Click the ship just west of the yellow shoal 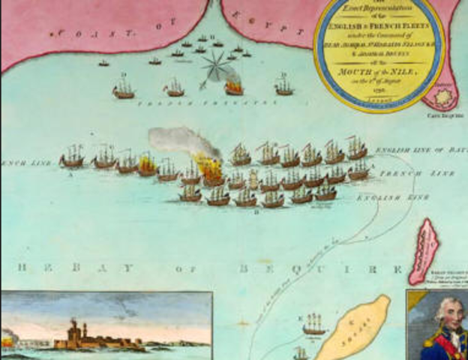pyautogui.click(x=314, y=323)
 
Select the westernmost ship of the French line pyautogui.click(x=73, y=157)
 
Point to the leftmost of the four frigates pyautogui.click(x=124, y=89)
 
